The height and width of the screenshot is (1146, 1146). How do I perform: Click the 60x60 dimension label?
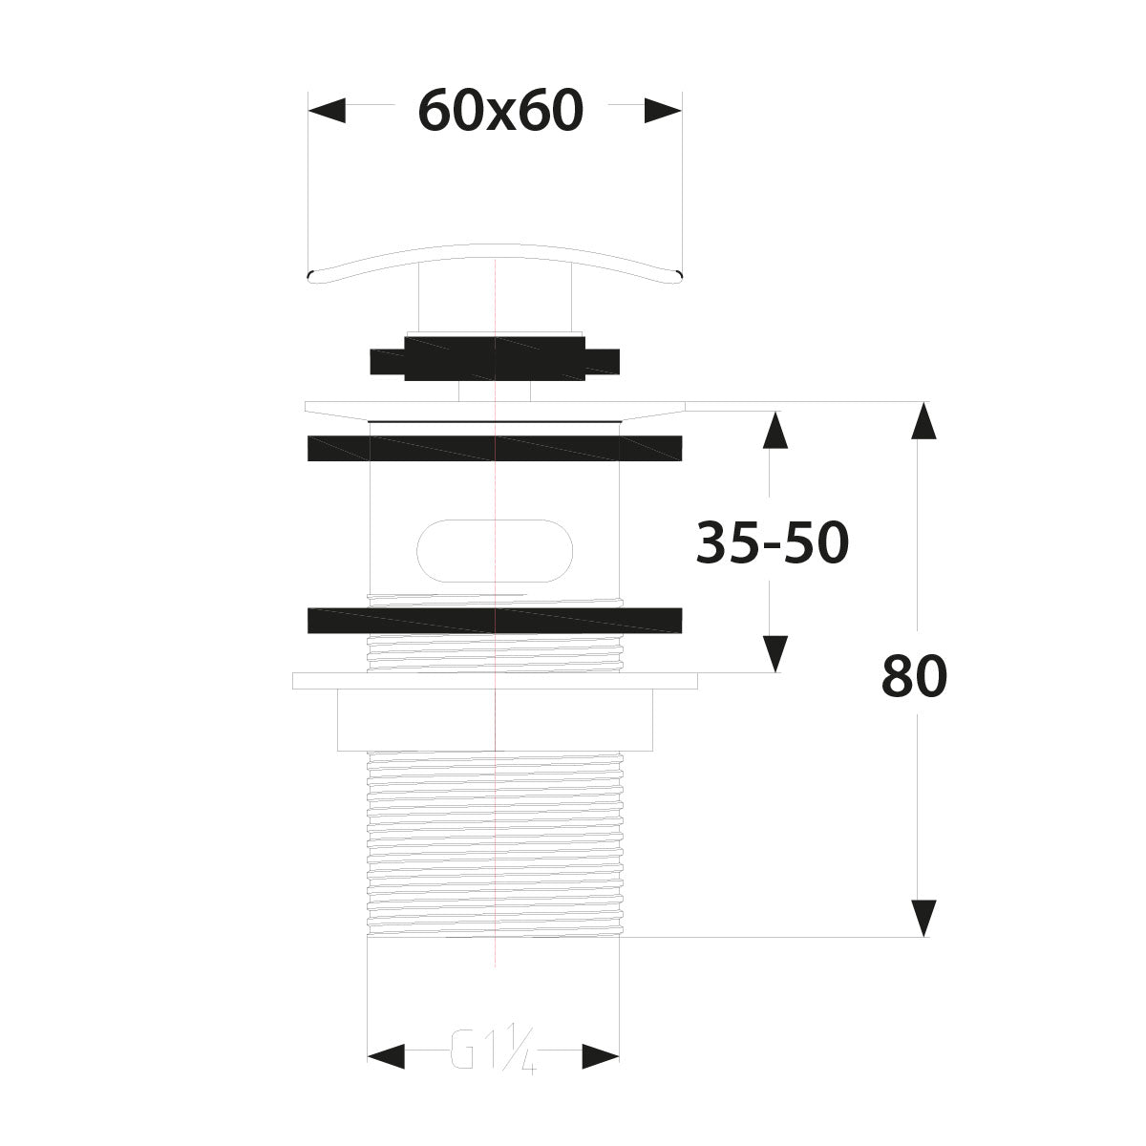(500, 112)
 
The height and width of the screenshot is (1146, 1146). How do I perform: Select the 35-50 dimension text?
(772, 544)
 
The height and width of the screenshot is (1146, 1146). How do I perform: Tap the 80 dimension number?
(914, 677)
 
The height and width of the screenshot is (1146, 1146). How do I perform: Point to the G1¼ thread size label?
(493, 1055)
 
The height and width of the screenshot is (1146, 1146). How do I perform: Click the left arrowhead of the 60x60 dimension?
(327, 111)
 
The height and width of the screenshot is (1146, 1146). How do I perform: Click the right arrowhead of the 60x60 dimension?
(663, 111)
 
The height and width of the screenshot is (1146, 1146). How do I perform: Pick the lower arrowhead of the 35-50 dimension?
(775, 654)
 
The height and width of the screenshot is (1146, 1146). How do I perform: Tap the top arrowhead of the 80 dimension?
(922, 421)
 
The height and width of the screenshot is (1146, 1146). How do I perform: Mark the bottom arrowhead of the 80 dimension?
(922, 918)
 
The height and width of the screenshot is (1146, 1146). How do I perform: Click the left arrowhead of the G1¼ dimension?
(386, 1055)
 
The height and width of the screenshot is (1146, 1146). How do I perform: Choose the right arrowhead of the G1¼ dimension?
(601, 1055)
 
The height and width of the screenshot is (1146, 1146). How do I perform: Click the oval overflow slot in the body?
(495, 551)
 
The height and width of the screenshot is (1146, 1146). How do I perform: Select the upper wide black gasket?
(495, 448)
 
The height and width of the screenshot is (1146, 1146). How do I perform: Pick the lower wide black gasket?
(495, 620)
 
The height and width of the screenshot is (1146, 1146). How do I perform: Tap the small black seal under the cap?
(494, 358)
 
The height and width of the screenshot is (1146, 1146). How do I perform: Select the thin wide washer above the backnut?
(495, 681)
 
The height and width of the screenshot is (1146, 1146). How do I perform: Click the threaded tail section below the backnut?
(495, 840)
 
